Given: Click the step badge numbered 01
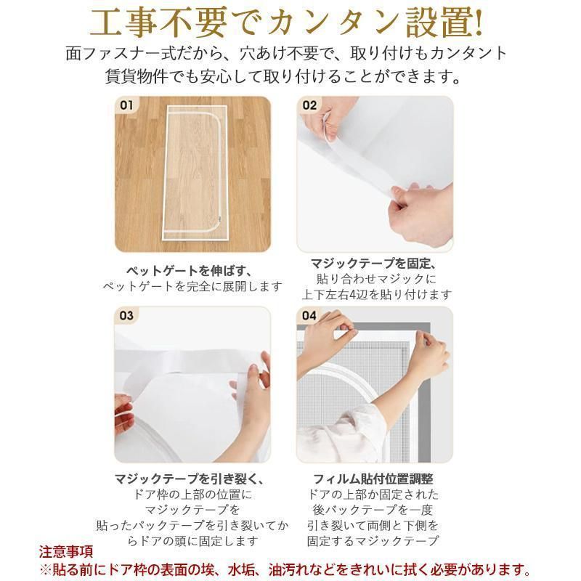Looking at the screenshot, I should (x=127, y=105).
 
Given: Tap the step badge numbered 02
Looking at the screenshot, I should (x=310, y=105).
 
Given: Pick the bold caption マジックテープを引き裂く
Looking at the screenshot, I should (x=191, y=479).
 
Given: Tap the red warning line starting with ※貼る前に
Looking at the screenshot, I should (x=290, y=568).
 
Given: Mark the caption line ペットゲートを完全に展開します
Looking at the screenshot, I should (x=191, y=285).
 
